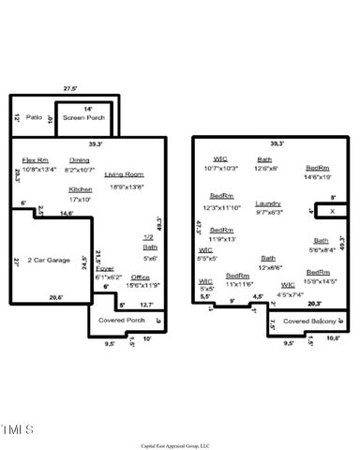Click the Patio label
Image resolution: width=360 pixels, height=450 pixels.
pos(34,117)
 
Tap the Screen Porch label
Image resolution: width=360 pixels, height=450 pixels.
pos(82,118)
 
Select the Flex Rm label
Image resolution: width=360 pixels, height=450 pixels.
pos(37,160)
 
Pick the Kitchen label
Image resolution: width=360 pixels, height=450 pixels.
pos(80,189)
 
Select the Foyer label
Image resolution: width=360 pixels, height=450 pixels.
pos(105,269)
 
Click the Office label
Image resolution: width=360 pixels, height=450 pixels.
pos(141,277)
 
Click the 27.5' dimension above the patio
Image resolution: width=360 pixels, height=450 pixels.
pos(69,88)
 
